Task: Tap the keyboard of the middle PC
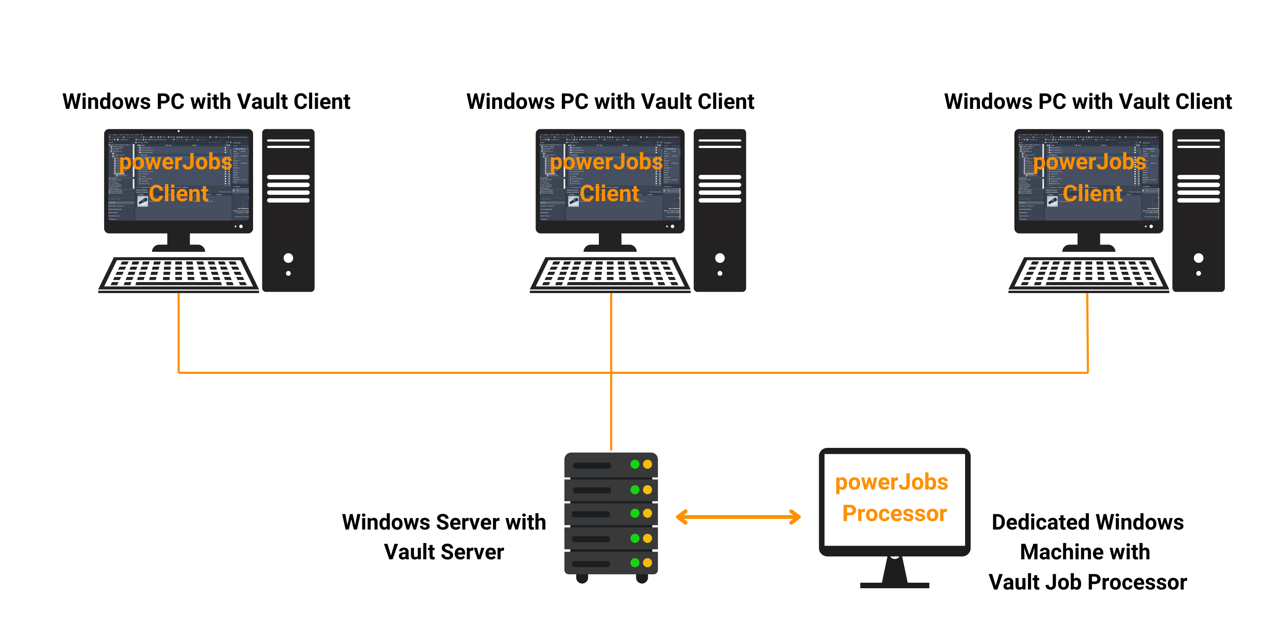point(610,273)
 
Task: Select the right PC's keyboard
point(1088,273)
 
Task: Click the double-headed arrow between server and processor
point(738,517)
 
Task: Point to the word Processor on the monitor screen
point(894,513)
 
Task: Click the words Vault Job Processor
point(1088,582)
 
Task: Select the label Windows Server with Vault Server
point(444,537)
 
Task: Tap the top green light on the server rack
point(635,464)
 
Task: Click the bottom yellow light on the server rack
point(647,563)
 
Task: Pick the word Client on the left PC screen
point(178,193)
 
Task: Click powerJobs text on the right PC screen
point(1090,162)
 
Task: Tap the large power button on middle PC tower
point(720,258)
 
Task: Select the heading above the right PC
point(1088,102)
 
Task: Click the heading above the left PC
point(206,102)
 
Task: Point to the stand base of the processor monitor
point(894,585)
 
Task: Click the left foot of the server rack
point(582,578)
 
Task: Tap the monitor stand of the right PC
point(1089,243)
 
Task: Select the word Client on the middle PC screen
point(609,193)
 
